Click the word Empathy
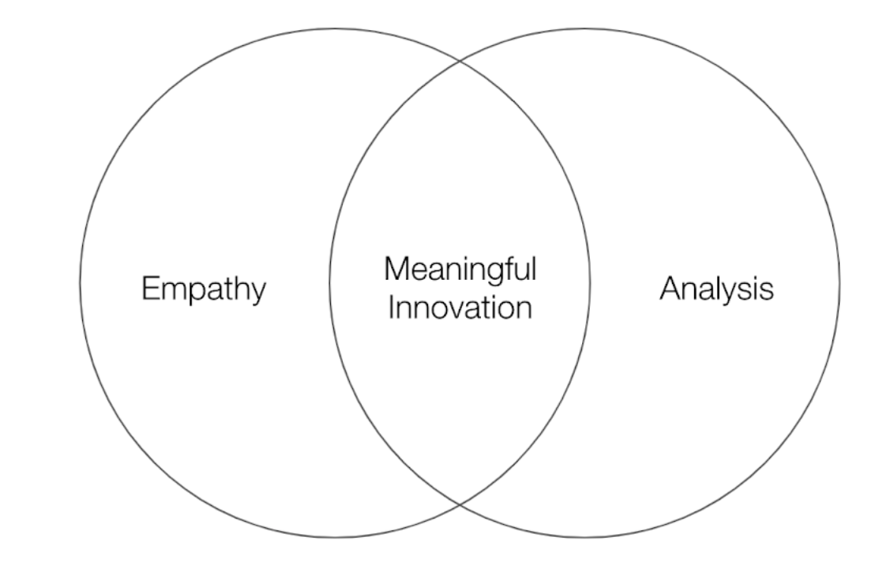click(204, 290)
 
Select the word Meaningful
click(460, 271)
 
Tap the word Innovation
click(460, 307)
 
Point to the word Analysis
click(716, 290)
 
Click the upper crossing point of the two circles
click(460, 61)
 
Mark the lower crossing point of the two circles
click(460, 503)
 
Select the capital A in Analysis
click(667, 289)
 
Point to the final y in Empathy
click(259, 293)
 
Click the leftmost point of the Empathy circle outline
click(80, 282)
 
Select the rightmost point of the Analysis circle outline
click(840, 282)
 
